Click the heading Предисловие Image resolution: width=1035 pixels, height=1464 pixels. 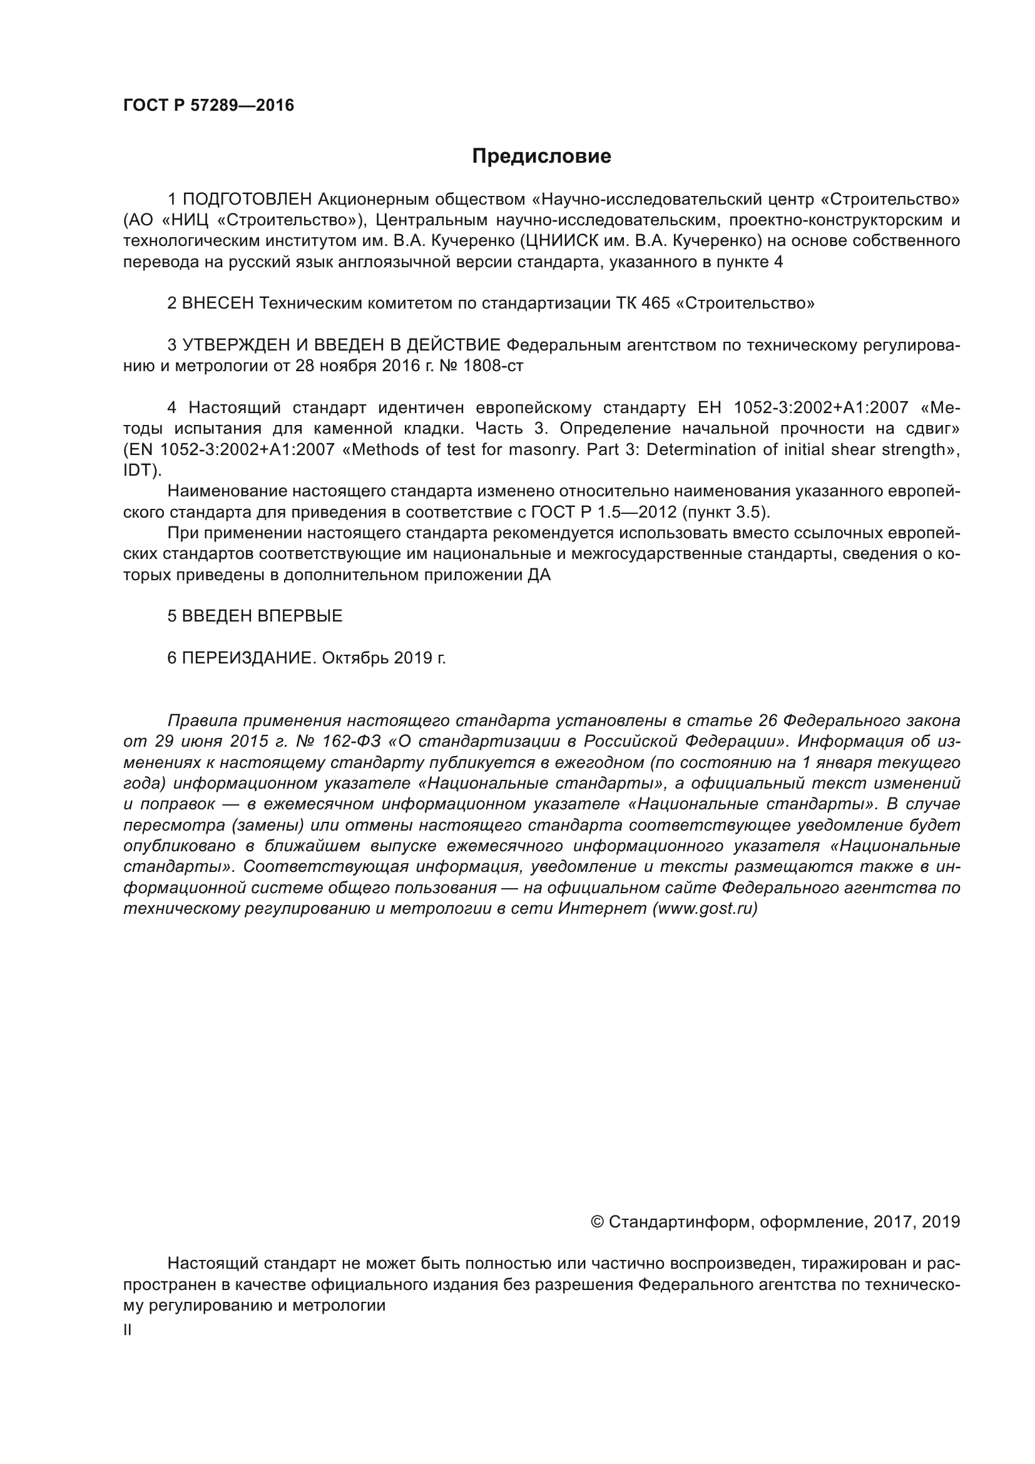coord(541,156)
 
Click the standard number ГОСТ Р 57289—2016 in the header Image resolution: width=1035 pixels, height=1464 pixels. coord(208,106)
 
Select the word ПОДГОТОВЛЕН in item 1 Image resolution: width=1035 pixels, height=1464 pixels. coord(247,200)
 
